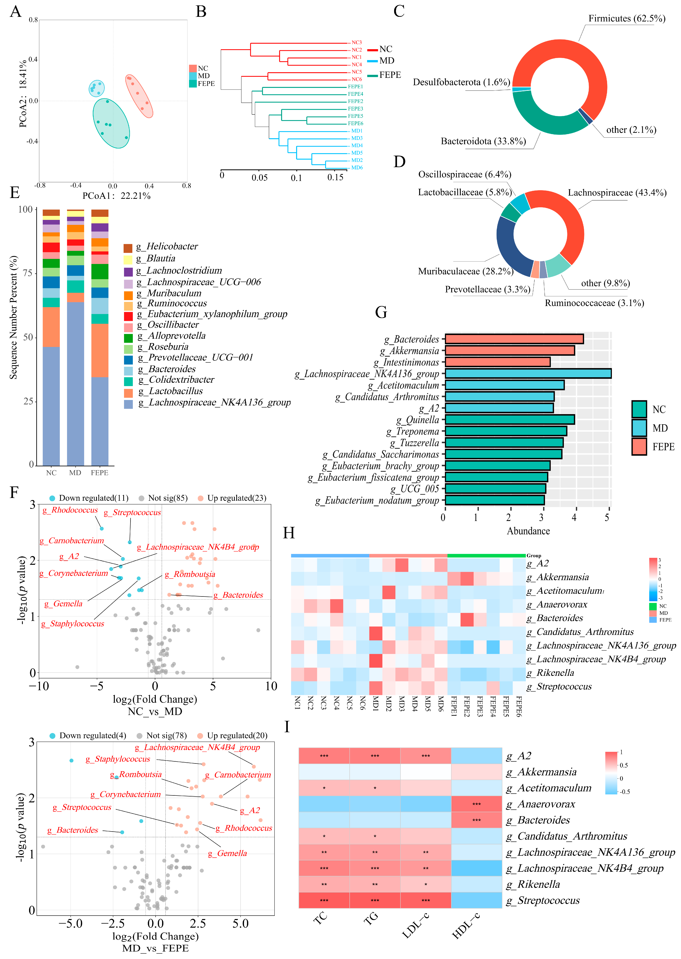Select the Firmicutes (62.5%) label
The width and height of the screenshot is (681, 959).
627,19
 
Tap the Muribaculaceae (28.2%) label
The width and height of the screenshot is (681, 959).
465,271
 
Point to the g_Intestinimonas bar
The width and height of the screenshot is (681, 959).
497,362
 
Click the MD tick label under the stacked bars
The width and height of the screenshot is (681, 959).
75,473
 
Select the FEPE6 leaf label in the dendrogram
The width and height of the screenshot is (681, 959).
355,123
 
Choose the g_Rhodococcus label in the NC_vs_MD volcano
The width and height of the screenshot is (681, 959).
70,510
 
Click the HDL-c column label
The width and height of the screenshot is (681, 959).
465,925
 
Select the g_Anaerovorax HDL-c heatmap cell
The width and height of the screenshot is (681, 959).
476,804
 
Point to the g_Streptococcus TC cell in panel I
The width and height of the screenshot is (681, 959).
324,900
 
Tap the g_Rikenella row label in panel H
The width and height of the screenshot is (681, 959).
555,673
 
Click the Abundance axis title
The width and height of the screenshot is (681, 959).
528,531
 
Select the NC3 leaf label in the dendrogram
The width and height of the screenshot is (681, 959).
356,42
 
